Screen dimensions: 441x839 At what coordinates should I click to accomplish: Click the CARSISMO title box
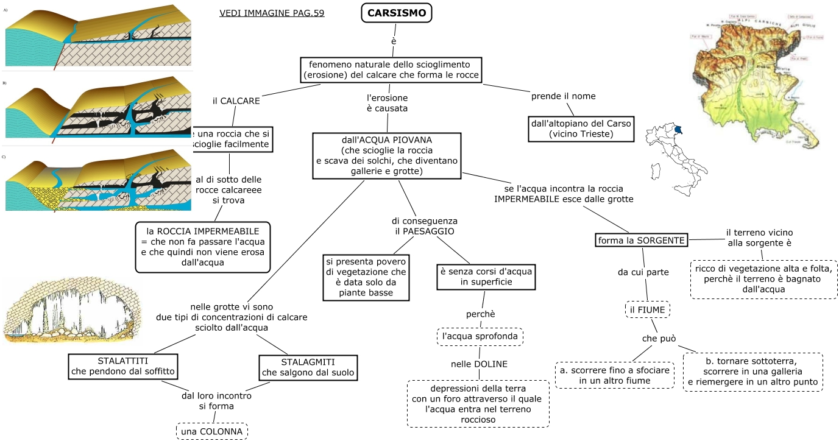click(396, 13)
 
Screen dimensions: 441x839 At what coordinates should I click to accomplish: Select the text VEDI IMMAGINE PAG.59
click(272, 13)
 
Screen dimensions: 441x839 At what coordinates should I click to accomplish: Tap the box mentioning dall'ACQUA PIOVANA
click(387, 156)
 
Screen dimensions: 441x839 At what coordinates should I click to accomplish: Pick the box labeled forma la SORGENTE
click(642, 240)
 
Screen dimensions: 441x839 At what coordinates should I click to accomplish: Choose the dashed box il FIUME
click(648, 310)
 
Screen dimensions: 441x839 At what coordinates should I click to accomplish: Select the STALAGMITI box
click(307, 367)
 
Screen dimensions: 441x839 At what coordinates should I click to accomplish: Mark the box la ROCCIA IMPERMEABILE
click(204, 247)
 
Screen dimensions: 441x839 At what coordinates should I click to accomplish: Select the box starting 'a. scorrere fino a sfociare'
click(615, 375)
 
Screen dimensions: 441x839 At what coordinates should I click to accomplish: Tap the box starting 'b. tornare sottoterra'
click(752, 371)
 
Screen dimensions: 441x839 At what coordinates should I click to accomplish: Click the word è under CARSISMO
click(394, 41)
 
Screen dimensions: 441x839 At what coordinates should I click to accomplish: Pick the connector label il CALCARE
click(236, 101)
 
